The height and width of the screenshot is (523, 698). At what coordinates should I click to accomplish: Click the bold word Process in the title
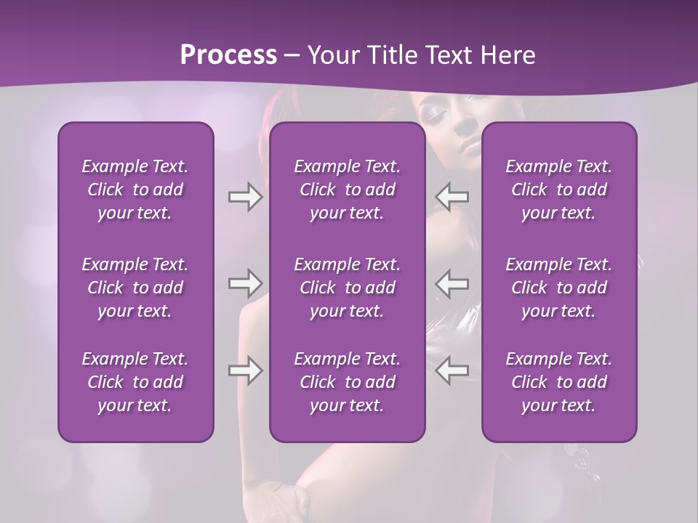[x=228, y=55]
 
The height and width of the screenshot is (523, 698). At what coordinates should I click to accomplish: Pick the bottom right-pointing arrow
[x=245, y=370]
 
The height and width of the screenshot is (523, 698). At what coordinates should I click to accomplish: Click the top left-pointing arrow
[x=452, y=197]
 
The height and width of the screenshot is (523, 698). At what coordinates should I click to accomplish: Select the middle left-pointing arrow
[x=452, y=283]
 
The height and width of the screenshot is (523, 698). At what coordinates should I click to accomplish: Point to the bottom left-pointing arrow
[x=452, y=370]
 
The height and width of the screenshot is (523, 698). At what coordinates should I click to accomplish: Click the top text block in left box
[x=135, y=190]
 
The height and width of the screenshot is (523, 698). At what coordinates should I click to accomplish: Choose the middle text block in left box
[x=135, y=288]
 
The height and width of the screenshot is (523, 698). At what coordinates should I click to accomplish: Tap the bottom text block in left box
[x=135, y=382]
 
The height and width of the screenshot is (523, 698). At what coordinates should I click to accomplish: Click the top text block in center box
[x=348, y=190]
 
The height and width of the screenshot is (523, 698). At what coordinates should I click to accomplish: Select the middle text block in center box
[x=348, y=288]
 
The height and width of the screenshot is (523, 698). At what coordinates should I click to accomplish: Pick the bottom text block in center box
[x=348, y=382]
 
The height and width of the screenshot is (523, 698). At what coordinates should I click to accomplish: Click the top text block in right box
[x=559, y=190]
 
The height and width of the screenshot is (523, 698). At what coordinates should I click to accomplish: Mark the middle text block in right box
[x=559, y=288]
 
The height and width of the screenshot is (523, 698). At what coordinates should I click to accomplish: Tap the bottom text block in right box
[x=559, y=382]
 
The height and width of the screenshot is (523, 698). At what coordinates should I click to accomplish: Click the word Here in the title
[x=508, y=55]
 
